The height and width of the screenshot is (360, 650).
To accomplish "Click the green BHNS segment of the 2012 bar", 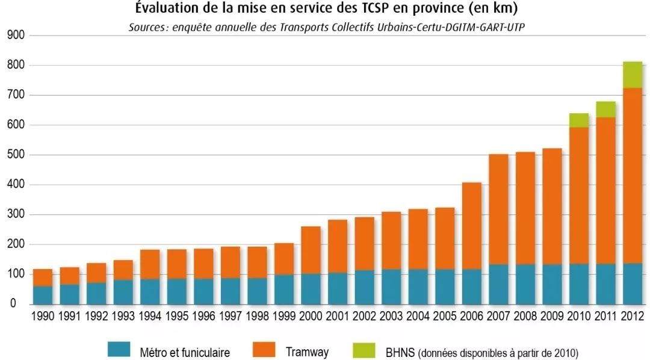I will click(x=632, y=75).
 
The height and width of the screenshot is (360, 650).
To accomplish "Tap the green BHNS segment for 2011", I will click(x=605, y=110).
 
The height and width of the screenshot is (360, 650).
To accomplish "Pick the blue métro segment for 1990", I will click(x=43, y=295).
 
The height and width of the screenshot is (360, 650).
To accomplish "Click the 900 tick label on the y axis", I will click(x=16, y=36).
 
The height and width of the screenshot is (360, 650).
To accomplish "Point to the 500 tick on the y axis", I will click(x=16, y=155).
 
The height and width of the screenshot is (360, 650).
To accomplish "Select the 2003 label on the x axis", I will click(x=391, y=317).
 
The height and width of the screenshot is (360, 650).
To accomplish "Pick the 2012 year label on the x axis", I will click(x=632, y=317).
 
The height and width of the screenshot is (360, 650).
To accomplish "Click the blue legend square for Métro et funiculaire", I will click(x=119, y=350).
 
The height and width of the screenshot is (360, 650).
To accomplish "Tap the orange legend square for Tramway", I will click(x=264, y=350).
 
